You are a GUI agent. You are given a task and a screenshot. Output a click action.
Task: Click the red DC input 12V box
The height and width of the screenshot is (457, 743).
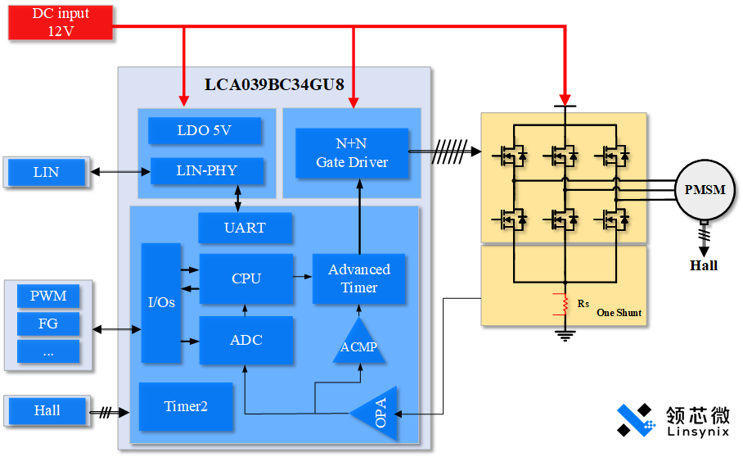click(60, 22)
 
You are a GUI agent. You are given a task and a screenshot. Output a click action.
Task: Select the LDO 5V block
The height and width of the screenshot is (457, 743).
click(205, 130)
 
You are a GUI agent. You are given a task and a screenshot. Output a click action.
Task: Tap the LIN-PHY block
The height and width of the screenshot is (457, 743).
click(207, 170)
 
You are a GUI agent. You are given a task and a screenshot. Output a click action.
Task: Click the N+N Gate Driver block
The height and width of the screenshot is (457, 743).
click(352, 153)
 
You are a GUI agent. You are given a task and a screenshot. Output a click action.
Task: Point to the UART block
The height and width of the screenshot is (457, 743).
click(245, 228)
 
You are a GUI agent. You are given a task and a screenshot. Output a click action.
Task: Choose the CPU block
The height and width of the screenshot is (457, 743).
click(245, 278)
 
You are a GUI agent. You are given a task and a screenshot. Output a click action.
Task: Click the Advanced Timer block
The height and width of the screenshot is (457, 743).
click(359, 278)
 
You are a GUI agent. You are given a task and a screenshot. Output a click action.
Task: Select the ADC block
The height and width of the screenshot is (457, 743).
click(245, 340)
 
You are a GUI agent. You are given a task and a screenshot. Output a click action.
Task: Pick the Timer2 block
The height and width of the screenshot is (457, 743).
click(186, 406)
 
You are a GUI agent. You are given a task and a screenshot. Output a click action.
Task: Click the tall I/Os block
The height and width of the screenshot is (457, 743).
click(160, 302)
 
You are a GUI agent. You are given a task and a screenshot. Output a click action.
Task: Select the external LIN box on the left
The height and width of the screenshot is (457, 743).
click(47, 172)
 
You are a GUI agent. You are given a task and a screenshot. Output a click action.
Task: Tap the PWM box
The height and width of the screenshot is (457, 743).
click(48, 296)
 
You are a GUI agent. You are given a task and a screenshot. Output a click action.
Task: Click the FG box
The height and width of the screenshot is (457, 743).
click(48, 324)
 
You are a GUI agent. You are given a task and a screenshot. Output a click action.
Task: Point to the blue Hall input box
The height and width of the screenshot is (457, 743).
click(47, 410)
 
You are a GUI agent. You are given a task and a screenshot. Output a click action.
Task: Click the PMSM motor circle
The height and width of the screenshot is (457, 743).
click(705, 189)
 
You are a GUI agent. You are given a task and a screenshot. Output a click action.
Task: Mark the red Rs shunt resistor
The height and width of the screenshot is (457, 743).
click(564, 304)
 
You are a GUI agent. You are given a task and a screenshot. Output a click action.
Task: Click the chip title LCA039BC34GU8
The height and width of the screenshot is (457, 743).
click(274, 84)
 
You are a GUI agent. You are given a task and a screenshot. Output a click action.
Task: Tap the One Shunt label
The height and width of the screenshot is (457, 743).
click(619, 313)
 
